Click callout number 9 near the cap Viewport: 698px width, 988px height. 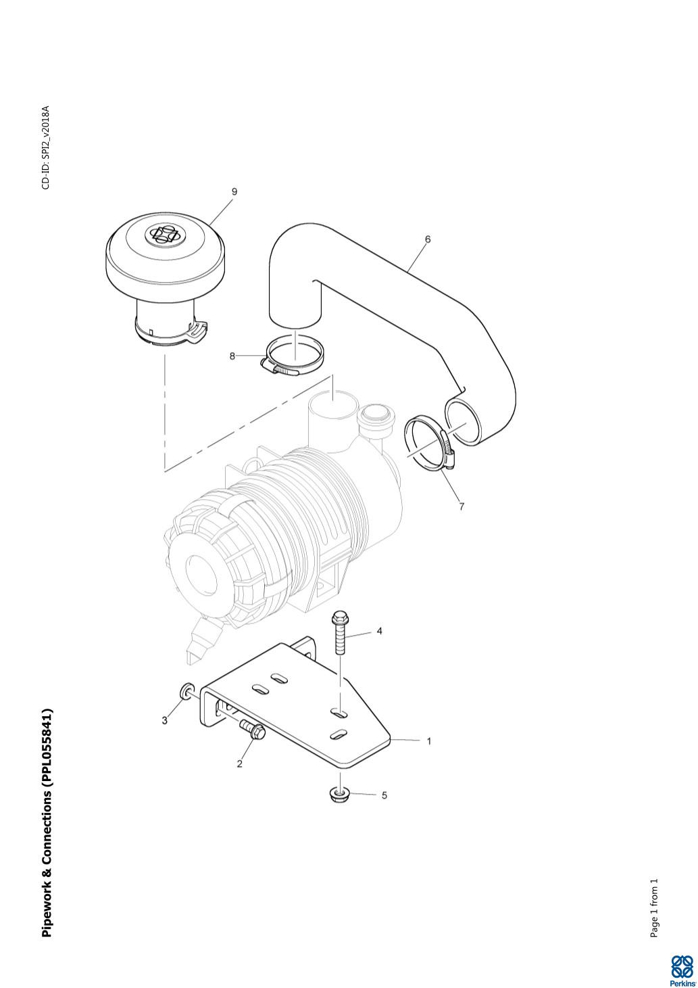[234, 191]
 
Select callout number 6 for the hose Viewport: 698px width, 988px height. [428, 239]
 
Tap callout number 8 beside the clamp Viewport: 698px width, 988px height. [232, 356]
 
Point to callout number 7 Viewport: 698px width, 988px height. [462, 507]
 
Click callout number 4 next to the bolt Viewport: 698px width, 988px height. [379, 631]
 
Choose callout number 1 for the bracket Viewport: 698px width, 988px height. [429, 741]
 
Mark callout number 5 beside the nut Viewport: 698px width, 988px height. [384, 795]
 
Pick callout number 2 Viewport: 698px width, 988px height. [239, 764]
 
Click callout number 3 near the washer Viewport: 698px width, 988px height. [164, 720]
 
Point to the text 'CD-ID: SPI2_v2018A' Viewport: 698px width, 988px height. [46, 147]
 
